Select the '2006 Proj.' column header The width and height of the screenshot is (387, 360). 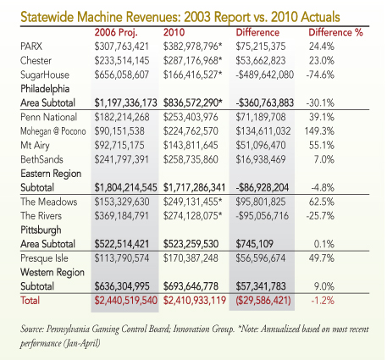(x=116, y=32)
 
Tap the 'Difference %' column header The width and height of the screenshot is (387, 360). (x=335, y=32)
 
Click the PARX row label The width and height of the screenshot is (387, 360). (x=31, y=47)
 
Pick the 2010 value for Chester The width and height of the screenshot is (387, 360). (x=193, y=60)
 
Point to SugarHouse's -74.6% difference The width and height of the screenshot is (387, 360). (x=320, y=75)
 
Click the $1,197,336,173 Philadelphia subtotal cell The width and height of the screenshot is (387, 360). (x=125, y=102)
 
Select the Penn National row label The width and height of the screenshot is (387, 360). (x=48, y=117)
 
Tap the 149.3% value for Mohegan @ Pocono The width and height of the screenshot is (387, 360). (x=319, y=131)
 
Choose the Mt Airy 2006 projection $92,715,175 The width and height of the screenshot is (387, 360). (x=119, y=145)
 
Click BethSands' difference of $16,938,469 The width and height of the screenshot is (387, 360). (x=261, y=159)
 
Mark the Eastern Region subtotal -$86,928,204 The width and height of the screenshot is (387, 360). (x=263, y=187)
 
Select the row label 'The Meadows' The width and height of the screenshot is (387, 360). (x=48, y=202)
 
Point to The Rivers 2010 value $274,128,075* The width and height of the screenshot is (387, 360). (x=193, y=216)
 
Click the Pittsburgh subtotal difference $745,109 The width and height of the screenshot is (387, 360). (x=255, y=244)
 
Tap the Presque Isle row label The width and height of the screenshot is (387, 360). (x=44, y=258)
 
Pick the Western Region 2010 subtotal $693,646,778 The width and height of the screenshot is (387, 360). (x=191, y=286)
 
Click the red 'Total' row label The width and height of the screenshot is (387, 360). (x=30, y=300)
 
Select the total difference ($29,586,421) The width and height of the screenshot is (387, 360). (x=263, y=300)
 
